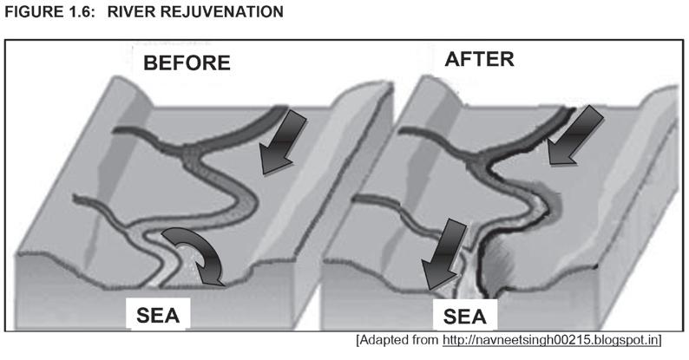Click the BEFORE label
(x=187, y=62)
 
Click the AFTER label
(x=479, y=59)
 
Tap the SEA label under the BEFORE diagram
(x=158, y=313)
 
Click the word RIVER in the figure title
(x=138, y=12)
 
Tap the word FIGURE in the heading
(x=34, y=12)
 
